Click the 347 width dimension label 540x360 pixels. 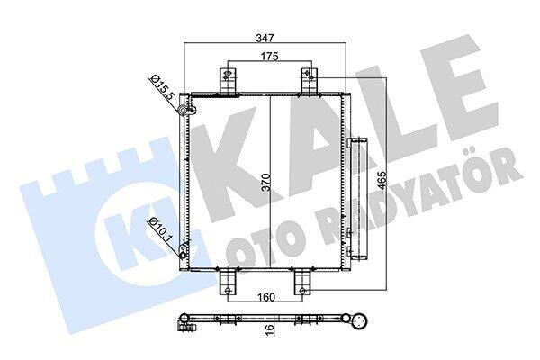pyautogui.click(x=265, y=38)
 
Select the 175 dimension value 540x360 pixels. pyautogui.click(x=269, y=57)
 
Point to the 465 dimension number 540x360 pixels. pyautogui.click(x=382, y=181)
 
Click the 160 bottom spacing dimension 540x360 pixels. pyautogui.click(x=266, y=297)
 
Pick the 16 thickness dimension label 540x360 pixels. pyautogui.click(x=271, y=329)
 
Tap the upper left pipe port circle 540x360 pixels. pyautogui.click(x=182, y=110)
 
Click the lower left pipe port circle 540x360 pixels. pyautogui.click(x=183, y=256)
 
